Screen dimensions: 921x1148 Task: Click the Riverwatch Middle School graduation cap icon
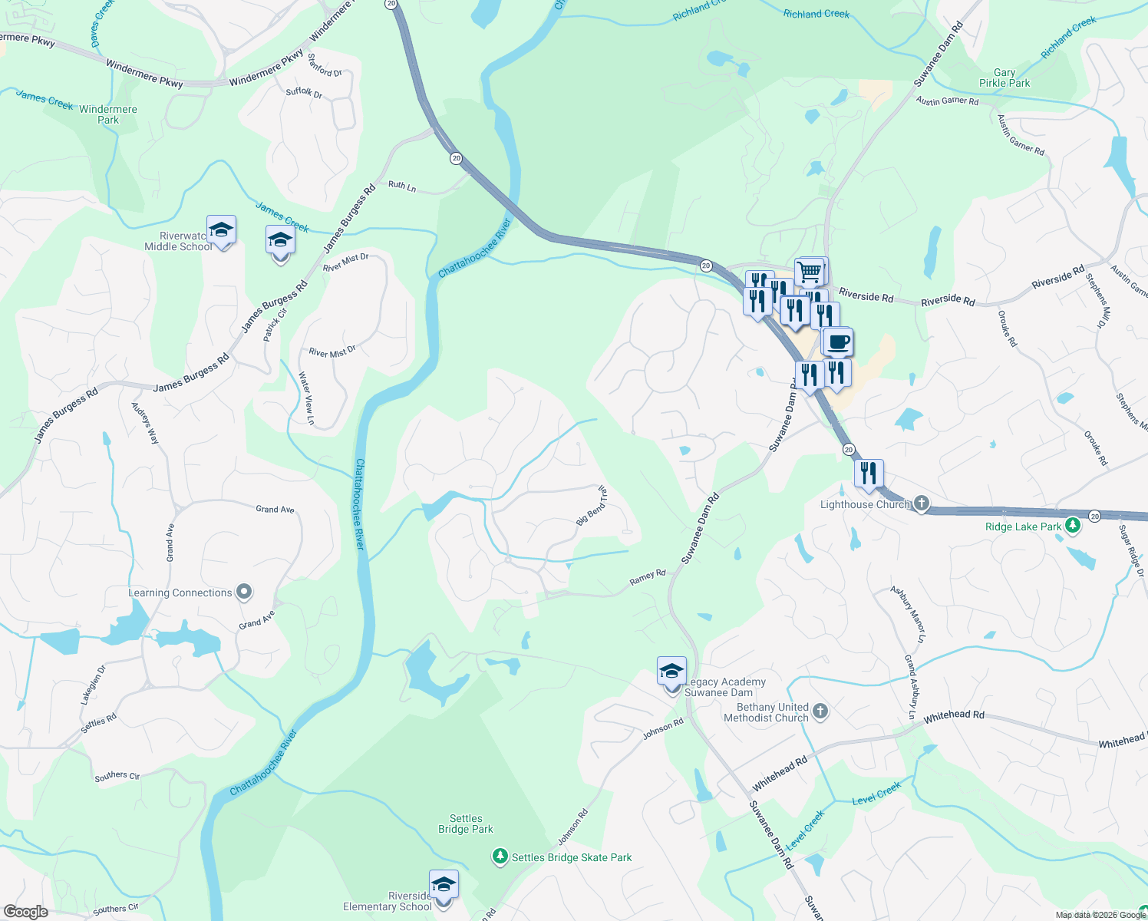[221, 230]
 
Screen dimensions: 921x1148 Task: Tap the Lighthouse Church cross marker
[922, 504]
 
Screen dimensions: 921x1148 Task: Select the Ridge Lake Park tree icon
[1073, 526]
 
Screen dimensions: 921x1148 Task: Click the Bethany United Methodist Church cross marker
[820, 711]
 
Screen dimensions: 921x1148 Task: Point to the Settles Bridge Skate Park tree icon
[500, 857]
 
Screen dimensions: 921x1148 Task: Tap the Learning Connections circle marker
[244, 592]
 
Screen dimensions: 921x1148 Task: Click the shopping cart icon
[810, 271]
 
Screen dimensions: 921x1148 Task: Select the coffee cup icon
[838, 342]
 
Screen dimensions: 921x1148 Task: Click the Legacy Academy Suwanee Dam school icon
[671, 672]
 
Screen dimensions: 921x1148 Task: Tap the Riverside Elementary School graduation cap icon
[444, 885]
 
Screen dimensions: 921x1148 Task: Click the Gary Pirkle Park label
[1004, 78]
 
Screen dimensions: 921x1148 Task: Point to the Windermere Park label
[108, 114]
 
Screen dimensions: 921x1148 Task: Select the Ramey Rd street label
[648, 577]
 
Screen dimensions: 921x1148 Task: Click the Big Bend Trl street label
[592, 506]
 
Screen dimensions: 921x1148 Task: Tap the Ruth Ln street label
[402, 186]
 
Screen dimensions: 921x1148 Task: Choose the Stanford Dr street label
[325, 65]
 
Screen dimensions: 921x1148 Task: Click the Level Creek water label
[876, 794]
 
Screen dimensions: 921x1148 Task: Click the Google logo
[25, 912]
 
